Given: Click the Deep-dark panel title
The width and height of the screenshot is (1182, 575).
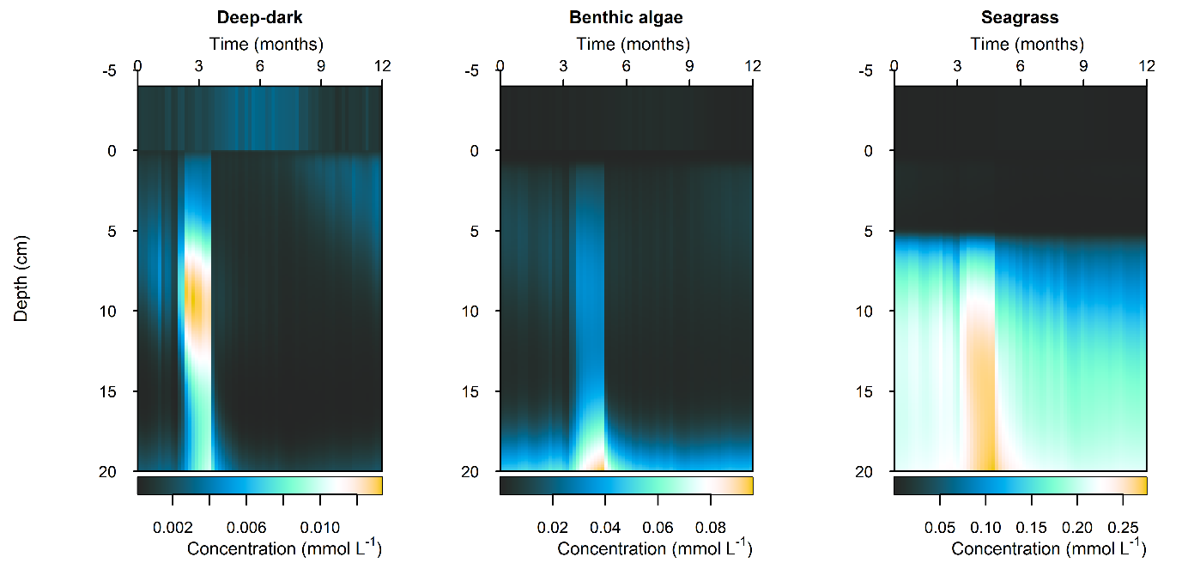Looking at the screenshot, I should pyautogui.click(x=259, y=18).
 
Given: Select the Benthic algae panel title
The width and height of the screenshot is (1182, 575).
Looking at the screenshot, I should pyautogui.click(x=626, y=18).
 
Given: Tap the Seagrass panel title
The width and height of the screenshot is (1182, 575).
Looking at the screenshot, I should pyautogui.click(x=1021, y=18).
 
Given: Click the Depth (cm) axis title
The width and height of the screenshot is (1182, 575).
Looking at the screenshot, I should pyautogui.click(x=21, y=278).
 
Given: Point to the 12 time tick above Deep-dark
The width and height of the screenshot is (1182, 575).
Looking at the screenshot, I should pyautogui.click(x=382, y=66).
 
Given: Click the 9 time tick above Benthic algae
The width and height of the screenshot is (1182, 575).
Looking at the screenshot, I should pyautogui.click(x=689, y=66).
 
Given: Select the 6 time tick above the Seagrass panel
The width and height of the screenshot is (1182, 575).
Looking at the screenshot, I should pyautogui.click(x=1021, y=66).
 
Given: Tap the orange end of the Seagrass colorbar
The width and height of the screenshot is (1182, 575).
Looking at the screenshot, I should pyautogui.click(x=1141, y=486).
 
